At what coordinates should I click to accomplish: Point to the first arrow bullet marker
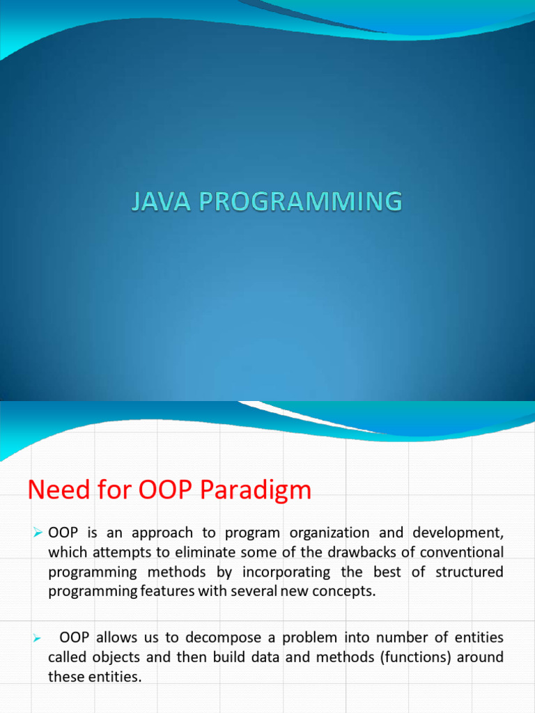click(38, 533)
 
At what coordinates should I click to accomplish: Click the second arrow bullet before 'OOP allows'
click(38, 638)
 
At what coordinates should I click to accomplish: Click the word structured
click(469, 572)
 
